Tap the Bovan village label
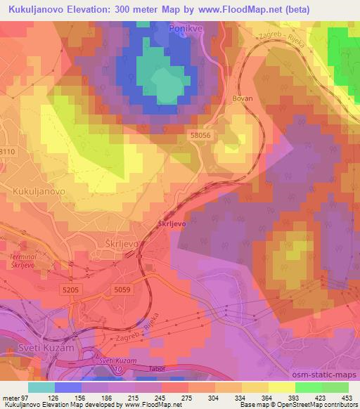pyautogui.click(x=242, y=99)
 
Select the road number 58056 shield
pyautogui.click(x=200, y=134)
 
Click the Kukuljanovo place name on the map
pyautogui.click(x=39, y=190)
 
